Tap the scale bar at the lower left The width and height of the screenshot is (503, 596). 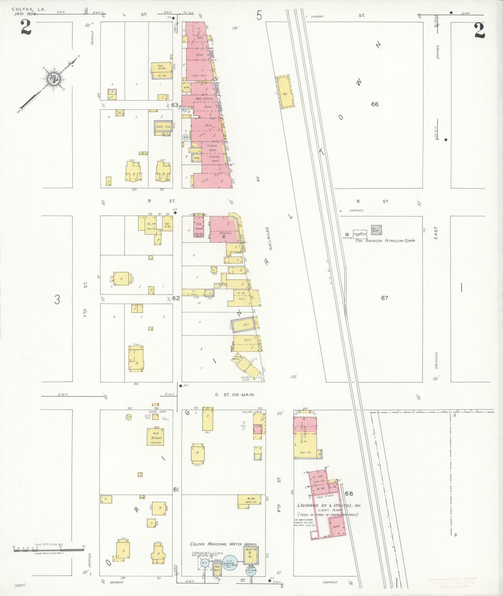pyautogui.click(x=49, y=550)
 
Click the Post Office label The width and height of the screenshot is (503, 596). pyautogui.click(x=204, y=99)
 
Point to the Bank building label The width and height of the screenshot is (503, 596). pyautogui.click(x=199, y=55)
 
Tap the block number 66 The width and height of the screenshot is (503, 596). pyautogui.click(x=375, y=104)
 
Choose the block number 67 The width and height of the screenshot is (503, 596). pyautogui.click(x=384, y=298)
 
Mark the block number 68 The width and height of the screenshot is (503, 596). pyautogui.click(x=349, y=494)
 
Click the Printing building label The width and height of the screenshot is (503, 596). pyautogui.click(x=225, y=233)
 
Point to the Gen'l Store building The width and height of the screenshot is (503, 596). pyautogui.click(x=163, y=127)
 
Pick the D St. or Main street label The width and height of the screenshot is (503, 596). pyautogui.click(x=235, y=395)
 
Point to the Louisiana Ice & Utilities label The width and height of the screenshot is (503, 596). pyautogui.click(x=329, y=505)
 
